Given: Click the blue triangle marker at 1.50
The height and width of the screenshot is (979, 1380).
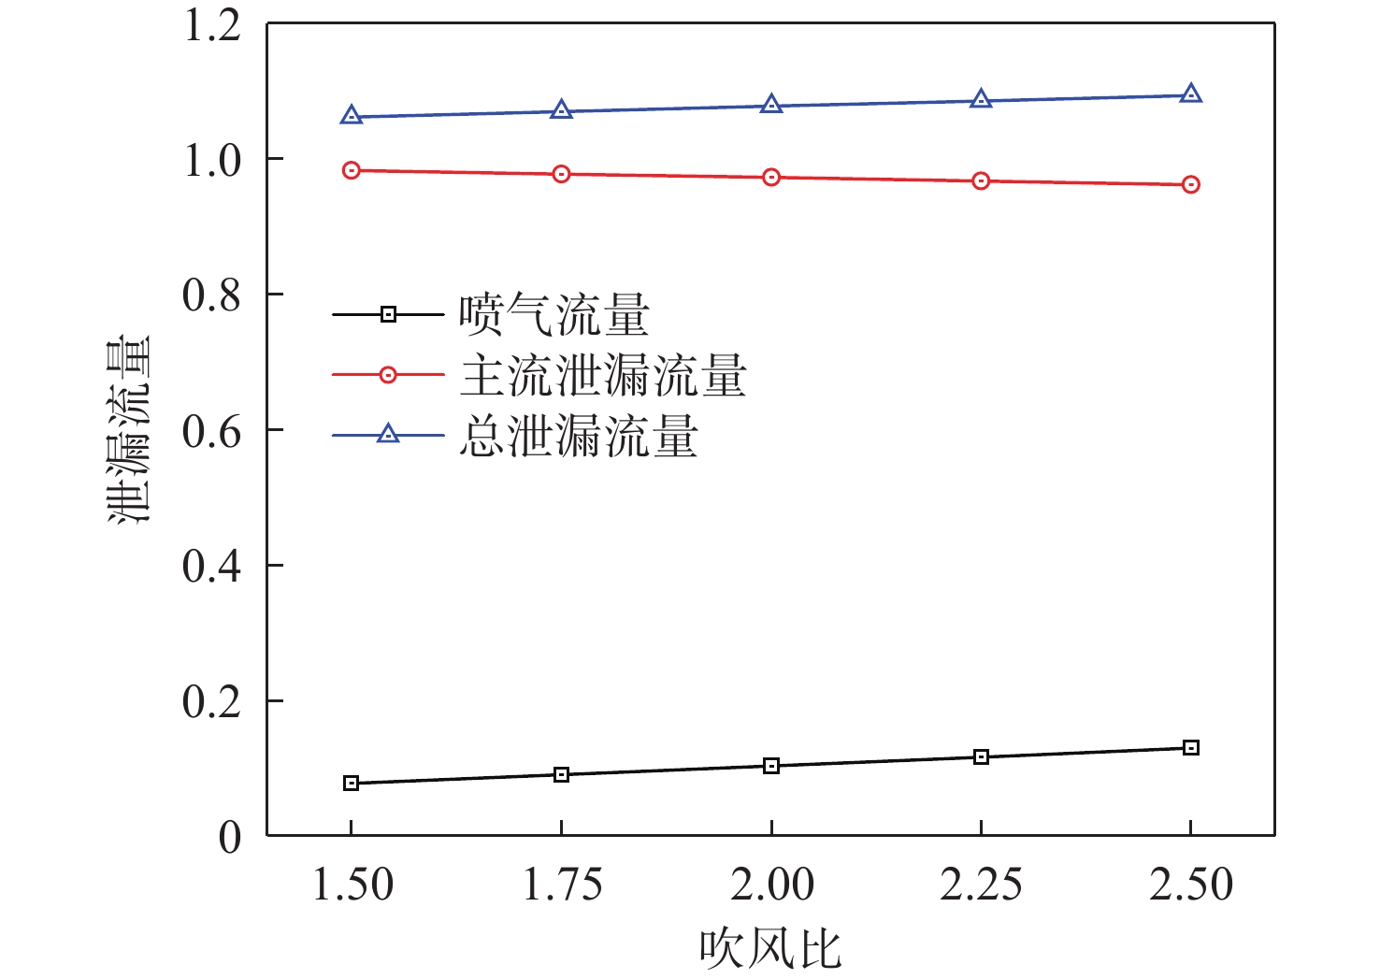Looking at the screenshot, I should pos(352,116).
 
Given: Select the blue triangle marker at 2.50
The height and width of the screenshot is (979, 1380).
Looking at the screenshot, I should pos(1190,94).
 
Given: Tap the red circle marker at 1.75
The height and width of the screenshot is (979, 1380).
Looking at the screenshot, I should pos(561,174).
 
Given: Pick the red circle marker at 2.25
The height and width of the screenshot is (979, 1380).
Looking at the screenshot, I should pos(981,180).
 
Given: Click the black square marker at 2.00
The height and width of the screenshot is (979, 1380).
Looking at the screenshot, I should pos(771,766).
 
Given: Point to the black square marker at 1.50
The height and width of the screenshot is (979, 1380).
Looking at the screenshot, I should pos(352,783).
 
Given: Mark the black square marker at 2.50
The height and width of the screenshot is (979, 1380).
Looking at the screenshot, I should pos(1190,747).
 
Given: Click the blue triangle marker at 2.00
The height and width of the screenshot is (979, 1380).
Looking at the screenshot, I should pos(771,105).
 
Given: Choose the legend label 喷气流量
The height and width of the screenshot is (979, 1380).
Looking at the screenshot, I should pos(553,315).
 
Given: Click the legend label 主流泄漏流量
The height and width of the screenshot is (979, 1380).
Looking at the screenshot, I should pos(603,376).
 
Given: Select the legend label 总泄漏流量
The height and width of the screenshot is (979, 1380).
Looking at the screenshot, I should pos(579,436).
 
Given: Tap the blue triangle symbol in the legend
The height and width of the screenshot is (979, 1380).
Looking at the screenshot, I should pos(388,434).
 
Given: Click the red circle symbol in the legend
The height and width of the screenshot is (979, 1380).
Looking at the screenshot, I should pos(388,375).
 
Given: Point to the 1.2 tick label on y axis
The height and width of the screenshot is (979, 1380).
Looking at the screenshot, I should pos(212,25).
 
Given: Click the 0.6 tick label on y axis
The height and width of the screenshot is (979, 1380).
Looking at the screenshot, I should pos(212,431).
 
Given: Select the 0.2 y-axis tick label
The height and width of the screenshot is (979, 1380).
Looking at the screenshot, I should pos(212,702).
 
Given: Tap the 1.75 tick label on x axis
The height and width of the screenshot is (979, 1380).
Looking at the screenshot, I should pos(562,885).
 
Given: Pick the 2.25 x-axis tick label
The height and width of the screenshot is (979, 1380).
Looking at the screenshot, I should pos(981,885).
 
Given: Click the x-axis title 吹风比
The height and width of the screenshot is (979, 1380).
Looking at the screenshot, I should pos(770,948).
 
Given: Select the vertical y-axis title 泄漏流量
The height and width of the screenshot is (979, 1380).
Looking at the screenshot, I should pos(128,430).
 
